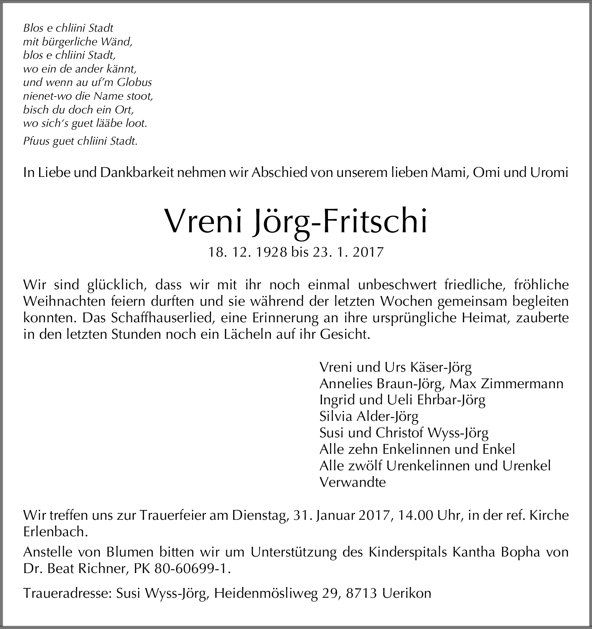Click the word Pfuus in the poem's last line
(x=36, y=142)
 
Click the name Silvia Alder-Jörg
(x=369, y=416)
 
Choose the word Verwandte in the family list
(x=352, y=482)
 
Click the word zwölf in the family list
(x=366, y=466)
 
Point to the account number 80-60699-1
(x=192, y=569)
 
